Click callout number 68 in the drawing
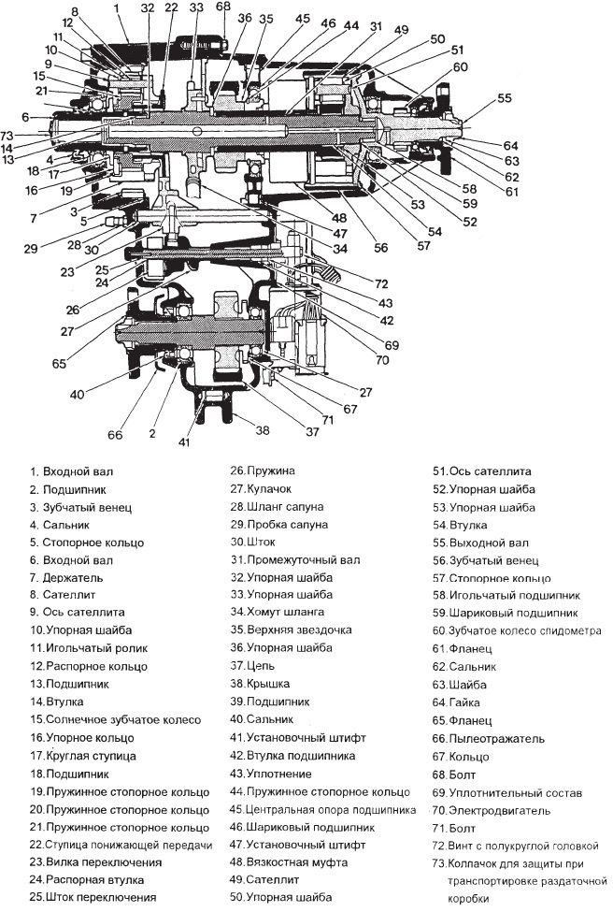[222, 7]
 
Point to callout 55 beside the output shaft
[505, 98]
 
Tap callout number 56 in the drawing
[381, 248]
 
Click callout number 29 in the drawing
[31, 248]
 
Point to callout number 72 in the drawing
[381, 282]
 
